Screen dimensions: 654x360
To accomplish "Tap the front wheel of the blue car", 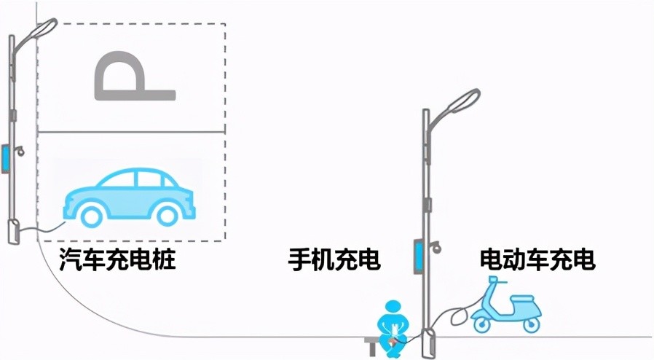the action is (167, 215).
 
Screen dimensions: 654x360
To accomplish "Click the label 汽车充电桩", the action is (117, 259).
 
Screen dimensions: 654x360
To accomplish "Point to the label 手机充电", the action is (334, 259).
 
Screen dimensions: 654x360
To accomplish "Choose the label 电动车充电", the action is (537, 259).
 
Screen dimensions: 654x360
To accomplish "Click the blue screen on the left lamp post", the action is (5, 158).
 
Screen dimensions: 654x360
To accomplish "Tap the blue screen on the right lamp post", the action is (418, 256).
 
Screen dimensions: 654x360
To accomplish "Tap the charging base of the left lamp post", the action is (14, 231).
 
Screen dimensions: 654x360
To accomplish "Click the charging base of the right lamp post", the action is (428, 343).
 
